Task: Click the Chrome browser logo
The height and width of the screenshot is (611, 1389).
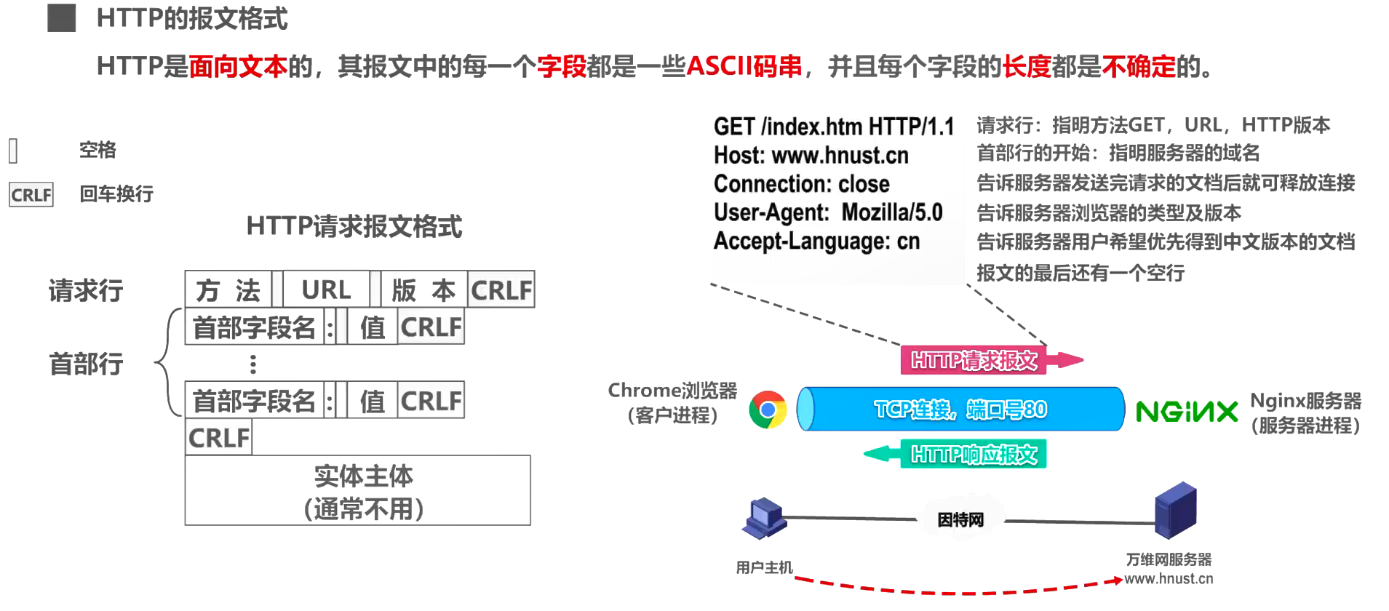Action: tap(768, 410)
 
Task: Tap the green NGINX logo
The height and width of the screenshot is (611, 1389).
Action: tap(1187, 412)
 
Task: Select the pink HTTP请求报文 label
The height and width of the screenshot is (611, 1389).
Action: tap(974, 360)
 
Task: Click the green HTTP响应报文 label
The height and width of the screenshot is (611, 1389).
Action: tap(974, 455)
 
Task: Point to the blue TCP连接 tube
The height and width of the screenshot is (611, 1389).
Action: tap(960, 410)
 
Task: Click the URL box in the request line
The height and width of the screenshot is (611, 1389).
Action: tap(326, 289)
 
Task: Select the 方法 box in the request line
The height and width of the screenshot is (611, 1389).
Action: tap(228, 289)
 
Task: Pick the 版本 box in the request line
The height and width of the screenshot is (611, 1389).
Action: tap(423, 289)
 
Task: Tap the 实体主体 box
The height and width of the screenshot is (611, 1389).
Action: tap(357, 491)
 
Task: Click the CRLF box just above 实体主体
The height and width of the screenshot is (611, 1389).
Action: tap(218, 438)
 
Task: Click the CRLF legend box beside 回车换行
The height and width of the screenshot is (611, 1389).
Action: tap(31, 195)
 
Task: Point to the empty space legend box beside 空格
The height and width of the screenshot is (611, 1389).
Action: tap(13, 151)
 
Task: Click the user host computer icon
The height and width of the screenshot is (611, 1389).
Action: tap(763, 517)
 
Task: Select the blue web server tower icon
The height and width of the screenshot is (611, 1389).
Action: tap(1175, 511)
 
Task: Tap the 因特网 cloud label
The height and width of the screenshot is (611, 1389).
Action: tap(960, 520)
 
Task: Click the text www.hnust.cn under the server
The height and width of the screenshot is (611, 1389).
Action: tap(1169, 579)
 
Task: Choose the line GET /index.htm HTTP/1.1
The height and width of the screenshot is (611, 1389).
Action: tap(833, 127)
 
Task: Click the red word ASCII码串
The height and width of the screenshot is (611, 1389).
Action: tap(744, 67)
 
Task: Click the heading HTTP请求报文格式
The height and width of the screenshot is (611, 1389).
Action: tap(354, 226)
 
